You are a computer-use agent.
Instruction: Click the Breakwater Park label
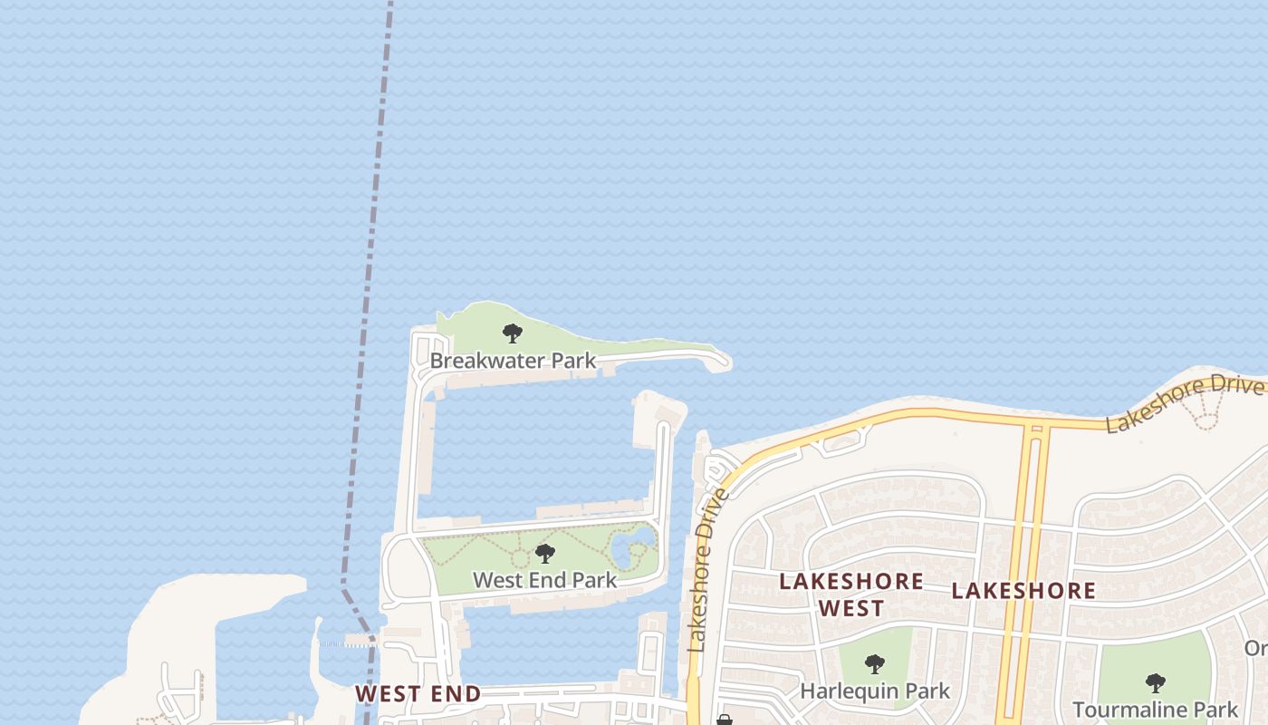(x=513, y=361)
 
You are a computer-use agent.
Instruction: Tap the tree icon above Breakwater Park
(x=513, y=333)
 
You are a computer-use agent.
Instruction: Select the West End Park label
(x=544, y=580)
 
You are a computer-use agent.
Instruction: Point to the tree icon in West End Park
(x=544, y=553)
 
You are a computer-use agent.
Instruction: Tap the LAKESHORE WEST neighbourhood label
(x=851, y=594)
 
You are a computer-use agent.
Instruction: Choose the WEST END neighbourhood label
(x=418, y=694)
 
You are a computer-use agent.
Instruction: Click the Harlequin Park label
(x=875, y=691)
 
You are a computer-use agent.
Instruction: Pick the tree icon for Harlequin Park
(x=874, y=664)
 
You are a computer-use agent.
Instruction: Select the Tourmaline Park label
(x=1155, y=709)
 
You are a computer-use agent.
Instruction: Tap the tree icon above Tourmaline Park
(x=1155, y=682)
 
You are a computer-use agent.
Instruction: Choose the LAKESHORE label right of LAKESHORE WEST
(x=1023, y=592)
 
